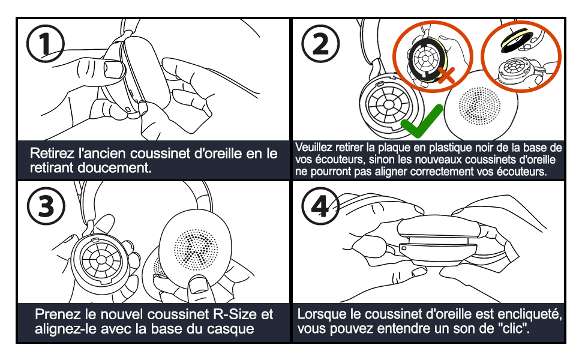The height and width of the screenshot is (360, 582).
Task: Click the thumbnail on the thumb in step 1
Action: tap(112, 68)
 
